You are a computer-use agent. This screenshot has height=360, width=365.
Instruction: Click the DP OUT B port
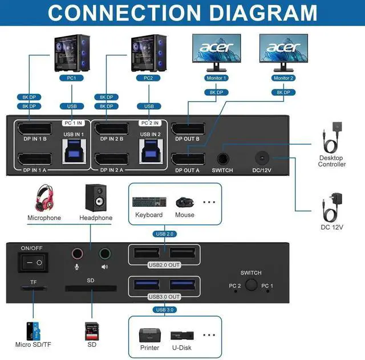pyautogui.click(x=188, y=130)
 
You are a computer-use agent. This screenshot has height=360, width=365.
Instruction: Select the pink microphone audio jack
pyautogui.click(x=77, y=254)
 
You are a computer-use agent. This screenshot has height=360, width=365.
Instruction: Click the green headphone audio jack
pyautogui.click(x=104, y=254)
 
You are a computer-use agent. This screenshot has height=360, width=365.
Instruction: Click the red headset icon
pyautogui.click(x=44, y=198)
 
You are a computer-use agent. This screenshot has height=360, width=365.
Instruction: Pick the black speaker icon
pyautogui.click(x=95, y=197)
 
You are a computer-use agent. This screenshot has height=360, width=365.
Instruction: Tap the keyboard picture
pyautogui.click(x=149, y=202)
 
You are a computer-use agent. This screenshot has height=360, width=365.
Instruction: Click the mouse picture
pyautogui.click(x=184, y=202)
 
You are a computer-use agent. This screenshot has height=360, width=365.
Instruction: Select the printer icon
pyautogui.click(x=149, y=335)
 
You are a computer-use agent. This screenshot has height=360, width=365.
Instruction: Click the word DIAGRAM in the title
pyautogui.click(x=250, y=12)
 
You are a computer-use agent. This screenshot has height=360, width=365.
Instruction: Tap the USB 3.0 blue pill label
pyautogui.click(x=165, y=309)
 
